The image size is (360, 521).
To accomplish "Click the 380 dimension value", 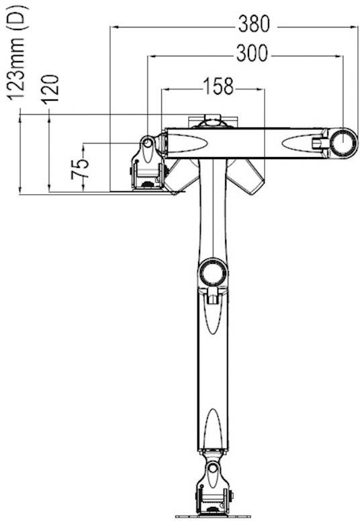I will pos(253,25).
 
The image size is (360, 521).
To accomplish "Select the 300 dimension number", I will pos(251,54).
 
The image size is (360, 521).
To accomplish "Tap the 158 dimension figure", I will pos(219,87).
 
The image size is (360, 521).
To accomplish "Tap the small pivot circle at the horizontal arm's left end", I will pos(146,142).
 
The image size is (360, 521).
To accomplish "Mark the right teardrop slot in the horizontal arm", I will pos(299,142).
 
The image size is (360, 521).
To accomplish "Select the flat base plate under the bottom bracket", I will pos(212,516).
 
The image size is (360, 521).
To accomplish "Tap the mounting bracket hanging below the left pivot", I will pos(148,171).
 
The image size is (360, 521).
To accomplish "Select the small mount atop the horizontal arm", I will pos(213,121).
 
